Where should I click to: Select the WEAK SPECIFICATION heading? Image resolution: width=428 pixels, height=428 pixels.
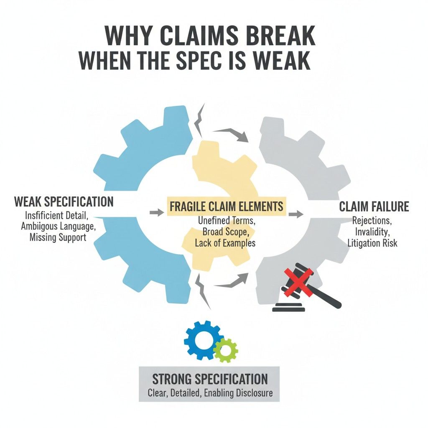tap(64, 201)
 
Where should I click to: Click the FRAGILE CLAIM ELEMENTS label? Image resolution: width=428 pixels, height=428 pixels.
tap(226, 206)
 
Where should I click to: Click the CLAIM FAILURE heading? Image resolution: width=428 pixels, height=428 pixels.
tap(374, 206)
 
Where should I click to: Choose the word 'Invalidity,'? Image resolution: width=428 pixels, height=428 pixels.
tap(373, 232)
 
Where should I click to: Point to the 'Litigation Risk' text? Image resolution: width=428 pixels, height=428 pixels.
tap(373, 243)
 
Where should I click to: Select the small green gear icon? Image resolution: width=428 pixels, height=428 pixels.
tap(226, 350)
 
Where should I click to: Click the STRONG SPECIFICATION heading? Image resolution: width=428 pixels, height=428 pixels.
tap(209, 379)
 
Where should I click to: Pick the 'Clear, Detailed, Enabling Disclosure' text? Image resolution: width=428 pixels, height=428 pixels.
tap(209, 393)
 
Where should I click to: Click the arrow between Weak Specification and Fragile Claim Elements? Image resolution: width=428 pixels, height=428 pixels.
tap(156, 213)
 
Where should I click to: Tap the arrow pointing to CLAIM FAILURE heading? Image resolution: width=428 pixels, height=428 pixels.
tap(296, 214)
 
